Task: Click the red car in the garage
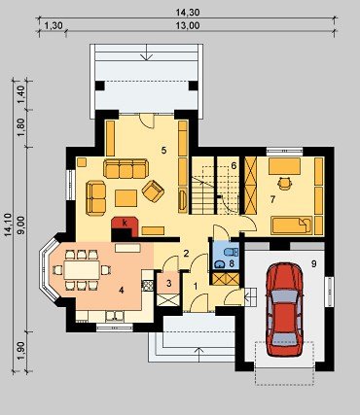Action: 284,309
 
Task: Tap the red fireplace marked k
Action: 125,226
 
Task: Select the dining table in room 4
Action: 82,269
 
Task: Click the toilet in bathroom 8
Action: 233,253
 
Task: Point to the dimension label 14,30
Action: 188,13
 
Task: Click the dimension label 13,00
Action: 188,26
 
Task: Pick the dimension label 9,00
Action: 20,225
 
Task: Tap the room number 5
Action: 163,150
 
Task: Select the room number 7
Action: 272,199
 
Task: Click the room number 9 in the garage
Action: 313,263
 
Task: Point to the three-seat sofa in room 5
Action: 126,168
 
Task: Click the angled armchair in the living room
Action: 153,191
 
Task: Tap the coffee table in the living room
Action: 126,198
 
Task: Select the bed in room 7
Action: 291,225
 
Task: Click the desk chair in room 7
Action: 284,184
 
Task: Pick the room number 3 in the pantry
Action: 168,284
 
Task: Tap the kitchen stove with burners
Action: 148,285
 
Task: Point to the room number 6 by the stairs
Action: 234,165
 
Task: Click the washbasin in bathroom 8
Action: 220,264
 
